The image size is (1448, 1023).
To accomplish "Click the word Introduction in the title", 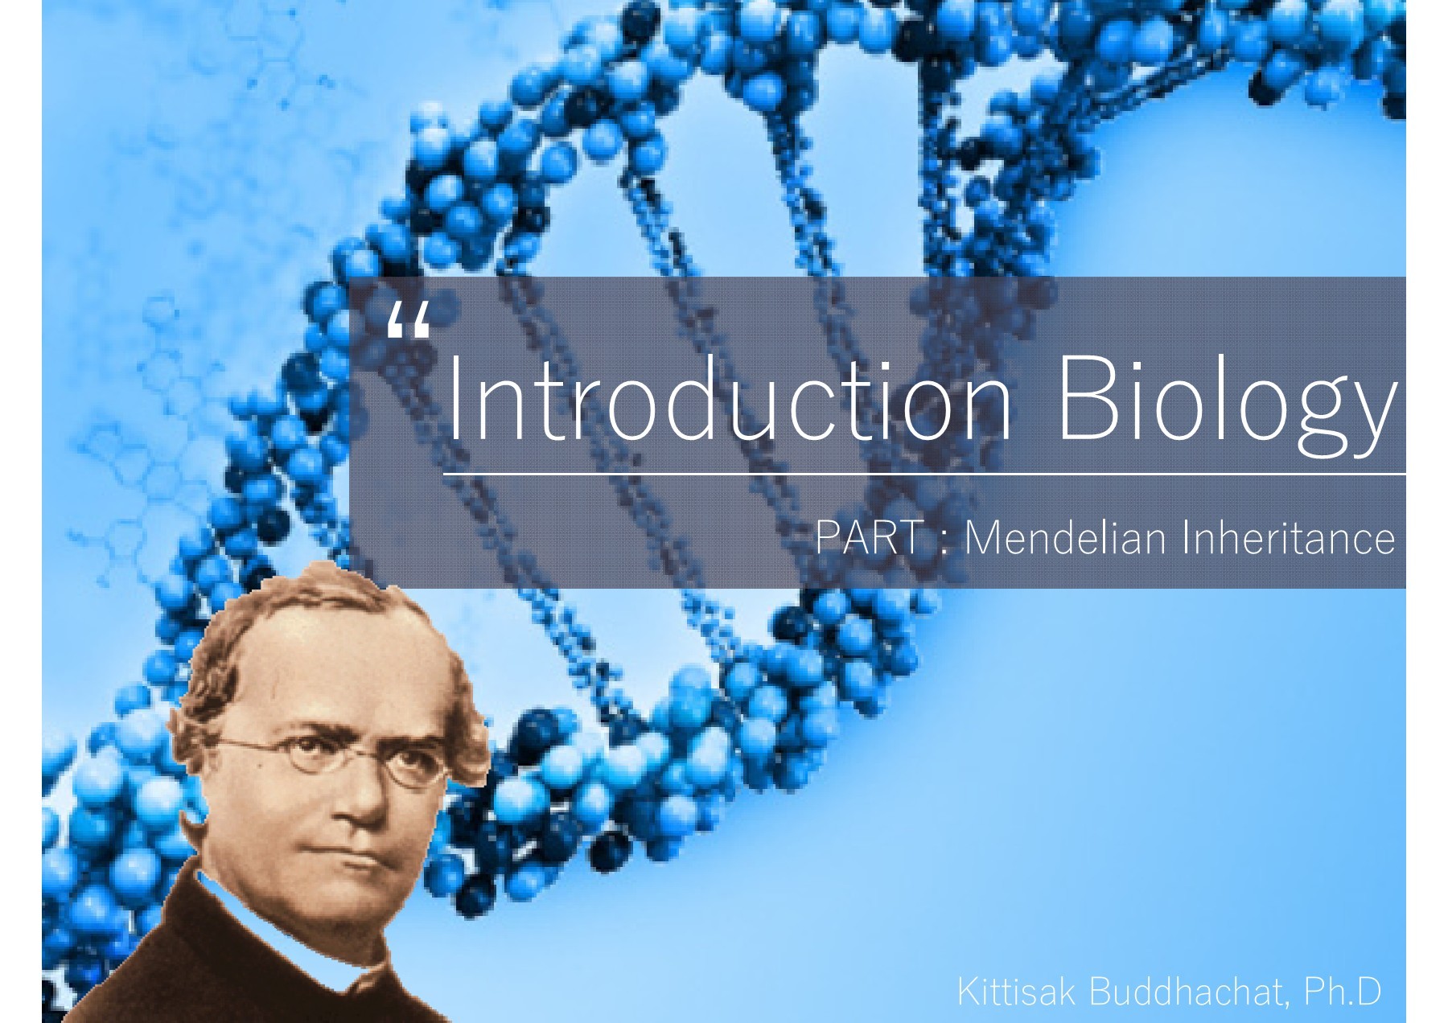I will point(728,398).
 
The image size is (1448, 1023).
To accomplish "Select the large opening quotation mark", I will point(409,322).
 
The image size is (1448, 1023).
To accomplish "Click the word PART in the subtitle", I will point(870,537).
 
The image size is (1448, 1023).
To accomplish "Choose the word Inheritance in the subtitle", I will point(1287,537).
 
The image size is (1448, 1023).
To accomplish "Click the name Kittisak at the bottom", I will point(1015,992).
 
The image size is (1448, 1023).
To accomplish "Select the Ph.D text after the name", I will point(1343,992).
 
